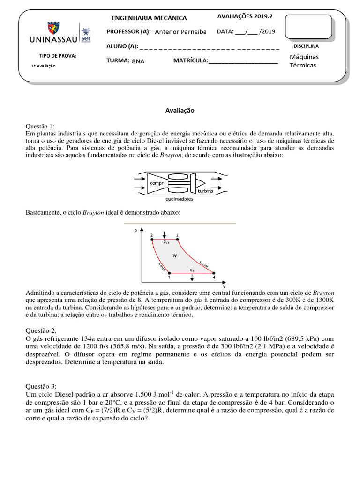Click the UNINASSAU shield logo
coord(51,29)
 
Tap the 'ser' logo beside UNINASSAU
coord(86,34)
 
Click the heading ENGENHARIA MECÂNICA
coord(149,18)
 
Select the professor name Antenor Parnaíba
coord(180,32)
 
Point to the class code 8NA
coord(138,61)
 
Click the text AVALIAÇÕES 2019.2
coord(245,16)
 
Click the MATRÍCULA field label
coord(191,60)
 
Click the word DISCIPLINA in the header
coord(306,46)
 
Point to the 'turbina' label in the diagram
coord(205,192)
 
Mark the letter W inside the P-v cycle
coord(174,255)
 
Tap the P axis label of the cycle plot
coord(135,231)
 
